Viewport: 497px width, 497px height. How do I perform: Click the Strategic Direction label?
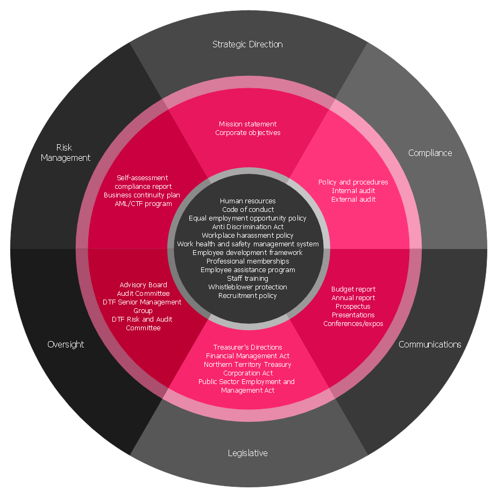(247, 44)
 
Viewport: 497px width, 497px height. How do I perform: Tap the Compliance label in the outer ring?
(430, 153)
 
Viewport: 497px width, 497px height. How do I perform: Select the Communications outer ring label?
(430, 344)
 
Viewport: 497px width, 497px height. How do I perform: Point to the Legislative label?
(247, 453)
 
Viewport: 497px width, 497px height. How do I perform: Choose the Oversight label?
(66, 345)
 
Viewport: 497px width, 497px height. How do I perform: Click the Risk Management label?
(66, 152)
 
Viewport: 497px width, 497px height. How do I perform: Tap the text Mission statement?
(247, 124)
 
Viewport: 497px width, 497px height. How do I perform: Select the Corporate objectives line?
(247, 132)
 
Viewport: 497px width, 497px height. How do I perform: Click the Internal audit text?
(353, 190)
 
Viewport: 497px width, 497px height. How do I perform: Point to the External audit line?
(353, 200)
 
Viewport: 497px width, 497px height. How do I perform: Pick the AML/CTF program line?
(143, 203)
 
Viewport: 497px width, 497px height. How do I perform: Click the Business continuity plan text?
(141, 195)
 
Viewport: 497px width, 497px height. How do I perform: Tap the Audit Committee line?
(143, 294)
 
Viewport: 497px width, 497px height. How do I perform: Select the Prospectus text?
(353, 307)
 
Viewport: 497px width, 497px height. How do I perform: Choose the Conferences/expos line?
(353, 324)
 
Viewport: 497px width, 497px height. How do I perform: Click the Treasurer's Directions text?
(247, 347)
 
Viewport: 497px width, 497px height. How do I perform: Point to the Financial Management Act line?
(247, 356)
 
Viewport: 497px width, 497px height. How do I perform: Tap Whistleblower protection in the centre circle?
(247, 287)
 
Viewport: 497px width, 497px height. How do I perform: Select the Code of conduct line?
(248, 210)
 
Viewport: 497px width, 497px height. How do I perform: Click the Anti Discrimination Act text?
(248, 226)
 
